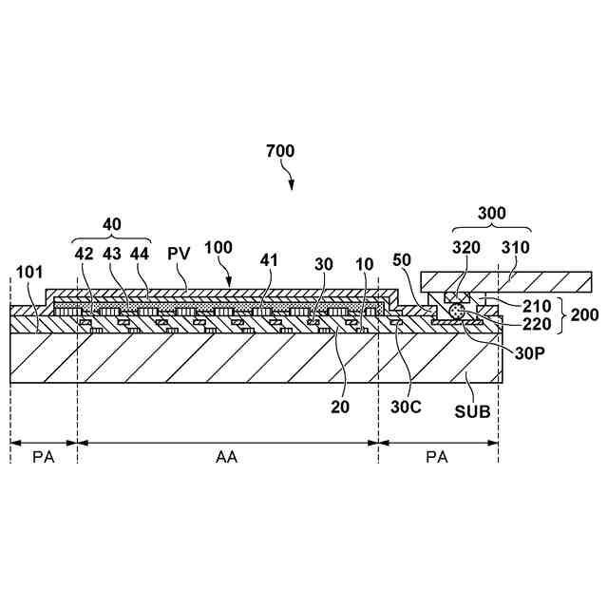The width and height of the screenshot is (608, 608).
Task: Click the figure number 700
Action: point(280,151)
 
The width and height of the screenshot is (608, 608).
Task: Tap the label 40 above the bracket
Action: point(113,223)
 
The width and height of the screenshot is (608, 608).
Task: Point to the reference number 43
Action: point(113,255)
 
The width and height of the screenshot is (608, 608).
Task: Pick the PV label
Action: point(178,255)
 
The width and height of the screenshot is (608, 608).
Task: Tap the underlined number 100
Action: point(218,247)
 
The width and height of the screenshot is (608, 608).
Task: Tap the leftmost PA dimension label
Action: point(43,457)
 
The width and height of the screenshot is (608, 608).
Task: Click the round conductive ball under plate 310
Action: point(459,311)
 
